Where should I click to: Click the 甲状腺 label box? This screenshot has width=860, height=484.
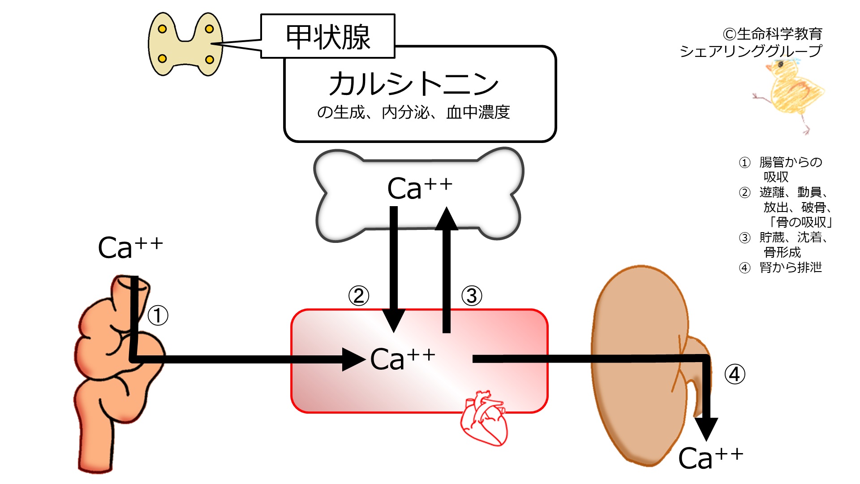click(327, 36)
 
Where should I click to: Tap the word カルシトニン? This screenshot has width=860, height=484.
click(413, 84)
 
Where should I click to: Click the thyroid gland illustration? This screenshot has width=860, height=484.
click(185, 44)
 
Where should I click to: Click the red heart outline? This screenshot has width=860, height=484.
click(484, 419)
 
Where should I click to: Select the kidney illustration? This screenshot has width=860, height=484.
click(649, 365)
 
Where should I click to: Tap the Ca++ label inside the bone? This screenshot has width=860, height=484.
click(420, 188)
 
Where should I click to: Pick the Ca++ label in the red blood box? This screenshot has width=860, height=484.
click(403, 359)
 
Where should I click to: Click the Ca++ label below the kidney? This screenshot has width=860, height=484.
click(711, 458)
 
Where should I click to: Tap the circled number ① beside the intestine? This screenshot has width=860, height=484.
click(158, 315)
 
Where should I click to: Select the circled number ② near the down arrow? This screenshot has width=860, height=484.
click(359, 296)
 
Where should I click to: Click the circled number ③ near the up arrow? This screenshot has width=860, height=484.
click(472, 296)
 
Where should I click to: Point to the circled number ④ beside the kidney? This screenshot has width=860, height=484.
click(735, 374)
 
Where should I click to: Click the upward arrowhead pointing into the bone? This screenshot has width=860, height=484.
click(447, 219)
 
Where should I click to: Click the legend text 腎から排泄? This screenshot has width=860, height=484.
click(791, 268)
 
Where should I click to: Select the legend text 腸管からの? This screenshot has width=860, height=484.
click(791, 162)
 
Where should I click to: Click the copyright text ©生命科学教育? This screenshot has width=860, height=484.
click(773, 34)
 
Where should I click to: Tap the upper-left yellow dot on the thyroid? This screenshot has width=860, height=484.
click(163, 29)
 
